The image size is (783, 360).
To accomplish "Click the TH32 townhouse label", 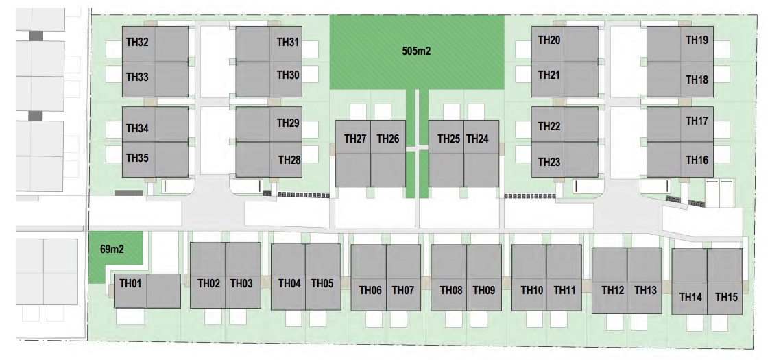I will click(x=137, y=43).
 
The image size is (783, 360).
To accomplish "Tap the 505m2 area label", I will click(x=416, y=51).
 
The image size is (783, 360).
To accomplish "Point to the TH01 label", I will click(x=130, y=283).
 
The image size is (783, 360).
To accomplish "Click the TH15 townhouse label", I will click(x=726, y=297).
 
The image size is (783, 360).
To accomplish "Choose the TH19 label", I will click(x=697, y=40).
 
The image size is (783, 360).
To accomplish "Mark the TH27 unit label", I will click(x=354, y=139).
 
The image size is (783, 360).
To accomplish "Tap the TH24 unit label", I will click(x=477, y=139).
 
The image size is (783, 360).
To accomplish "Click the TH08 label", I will click(x=451, y=290).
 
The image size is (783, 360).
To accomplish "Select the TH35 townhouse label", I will click(x=137, y=158).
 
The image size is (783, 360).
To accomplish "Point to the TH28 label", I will click(x=289, y=160).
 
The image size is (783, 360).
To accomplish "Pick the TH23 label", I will click(x=549, y=163).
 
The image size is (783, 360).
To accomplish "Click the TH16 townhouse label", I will click(x=697, y=160).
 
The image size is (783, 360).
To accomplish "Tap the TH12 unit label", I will click(x=613, y=290).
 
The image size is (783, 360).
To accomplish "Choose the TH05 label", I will click(x=322, y=283).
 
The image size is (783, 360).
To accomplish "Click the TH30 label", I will click(x=288, y=74).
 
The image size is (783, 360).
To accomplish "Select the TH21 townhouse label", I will click(x=549, y=74).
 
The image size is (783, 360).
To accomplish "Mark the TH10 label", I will click(x=531, y=290).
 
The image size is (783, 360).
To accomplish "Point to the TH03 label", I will click(x=241, y=283).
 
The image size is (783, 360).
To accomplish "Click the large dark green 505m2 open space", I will click(x=370, y=69).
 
